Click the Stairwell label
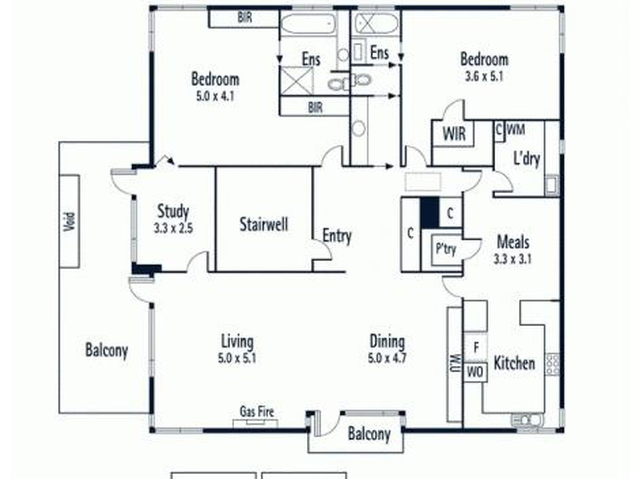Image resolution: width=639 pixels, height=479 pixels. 264,225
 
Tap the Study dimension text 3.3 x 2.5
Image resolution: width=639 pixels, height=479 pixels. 173,229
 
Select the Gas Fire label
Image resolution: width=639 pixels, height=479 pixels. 257,411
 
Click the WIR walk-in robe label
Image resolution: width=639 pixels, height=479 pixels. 454,134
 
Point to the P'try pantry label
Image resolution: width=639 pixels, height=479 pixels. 446,249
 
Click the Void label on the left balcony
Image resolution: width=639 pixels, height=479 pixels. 69,222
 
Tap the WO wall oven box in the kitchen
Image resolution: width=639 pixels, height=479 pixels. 475,372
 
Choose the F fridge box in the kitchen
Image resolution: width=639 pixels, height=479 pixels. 476,348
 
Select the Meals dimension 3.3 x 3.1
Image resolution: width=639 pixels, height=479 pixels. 513,260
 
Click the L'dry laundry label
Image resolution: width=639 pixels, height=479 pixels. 527,159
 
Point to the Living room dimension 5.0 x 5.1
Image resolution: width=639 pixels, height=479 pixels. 237,358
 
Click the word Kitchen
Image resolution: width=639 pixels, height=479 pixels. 514,363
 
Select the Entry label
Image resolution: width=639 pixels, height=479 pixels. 337,236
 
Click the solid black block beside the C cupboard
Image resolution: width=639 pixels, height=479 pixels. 430,213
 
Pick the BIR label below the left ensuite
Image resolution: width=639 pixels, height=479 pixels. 315,108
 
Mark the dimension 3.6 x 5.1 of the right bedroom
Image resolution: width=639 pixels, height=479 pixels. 484,77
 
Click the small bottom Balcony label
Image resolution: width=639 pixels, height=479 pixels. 369,434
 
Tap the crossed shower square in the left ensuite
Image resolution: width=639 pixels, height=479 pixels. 297,81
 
